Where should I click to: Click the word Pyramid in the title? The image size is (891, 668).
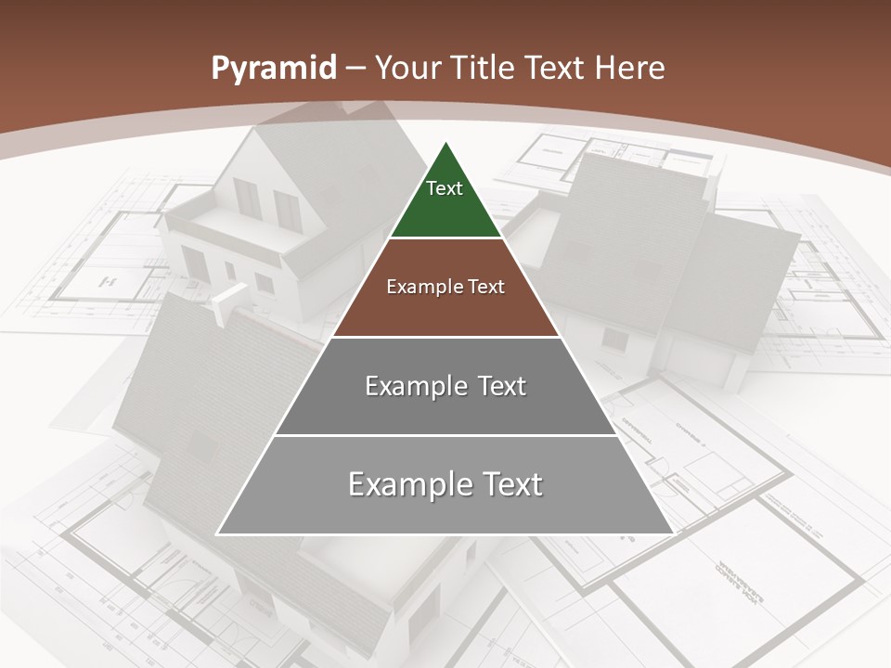click(273, 69)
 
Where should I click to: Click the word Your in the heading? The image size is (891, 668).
click(407, 69)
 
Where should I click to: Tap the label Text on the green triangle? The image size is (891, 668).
click(445, 188)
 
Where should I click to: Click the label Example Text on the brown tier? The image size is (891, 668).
click(445, 287)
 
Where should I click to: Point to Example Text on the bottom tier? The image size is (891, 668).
click(445, 484)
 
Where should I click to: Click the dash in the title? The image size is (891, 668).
click(355, 69)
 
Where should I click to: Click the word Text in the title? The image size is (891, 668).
click(557, 69)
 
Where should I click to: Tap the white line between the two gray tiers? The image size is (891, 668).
click(445, 435)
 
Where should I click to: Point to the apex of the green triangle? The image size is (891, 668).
click(445, 143)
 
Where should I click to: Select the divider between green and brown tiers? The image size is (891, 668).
click(445, 238)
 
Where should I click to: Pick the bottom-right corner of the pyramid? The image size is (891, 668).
click(672, 533)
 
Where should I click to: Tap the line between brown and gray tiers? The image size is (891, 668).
click(445, 337)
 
